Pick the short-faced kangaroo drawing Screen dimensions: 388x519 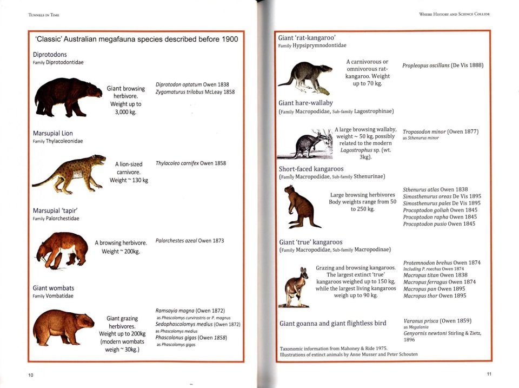pyautogui.click(x=301, y=207)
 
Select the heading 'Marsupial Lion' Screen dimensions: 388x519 pyautogui.click(x=52, y=133)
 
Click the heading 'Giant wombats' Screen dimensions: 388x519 pyautogui.click(x=54, y=288)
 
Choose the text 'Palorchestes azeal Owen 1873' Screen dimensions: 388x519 pyautogui.click(x=189, y=240)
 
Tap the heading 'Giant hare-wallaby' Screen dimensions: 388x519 pyautogui.click(x=305, y=103)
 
